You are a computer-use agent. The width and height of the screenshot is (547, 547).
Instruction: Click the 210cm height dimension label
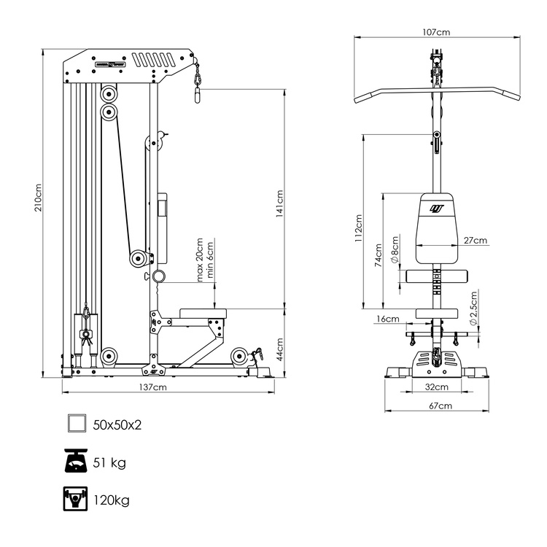tap(39, 197)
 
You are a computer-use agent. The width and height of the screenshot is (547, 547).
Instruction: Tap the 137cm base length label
tap(154, 387)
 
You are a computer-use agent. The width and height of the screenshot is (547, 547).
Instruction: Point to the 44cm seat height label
tap(279, 343)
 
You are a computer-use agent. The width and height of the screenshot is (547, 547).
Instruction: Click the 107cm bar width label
tap(435, 32)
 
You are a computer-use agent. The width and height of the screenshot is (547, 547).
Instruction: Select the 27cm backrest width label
tap(475, 241)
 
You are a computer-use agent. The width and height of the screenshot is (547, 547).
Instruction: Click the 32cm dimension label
tap(437, 387)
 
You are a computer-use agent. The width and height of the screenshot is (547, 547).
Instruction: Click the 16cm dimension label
tap(387, 319)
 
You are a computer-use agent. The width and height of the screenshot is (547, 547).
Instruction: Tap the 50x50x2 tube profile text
tap(117, 424)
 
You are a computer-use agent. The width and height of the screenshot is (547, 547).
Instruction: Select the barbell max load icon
tap(76, 500)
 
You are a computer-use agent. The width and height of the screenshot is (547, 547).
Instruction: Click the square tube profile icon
tap(76, 424)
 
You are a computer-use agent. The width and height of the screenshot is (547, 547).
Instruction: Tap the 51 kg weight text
tap(109, 462)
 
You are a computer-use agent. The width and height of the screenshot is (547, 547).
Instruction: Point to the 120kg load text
tap(112, 500)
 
